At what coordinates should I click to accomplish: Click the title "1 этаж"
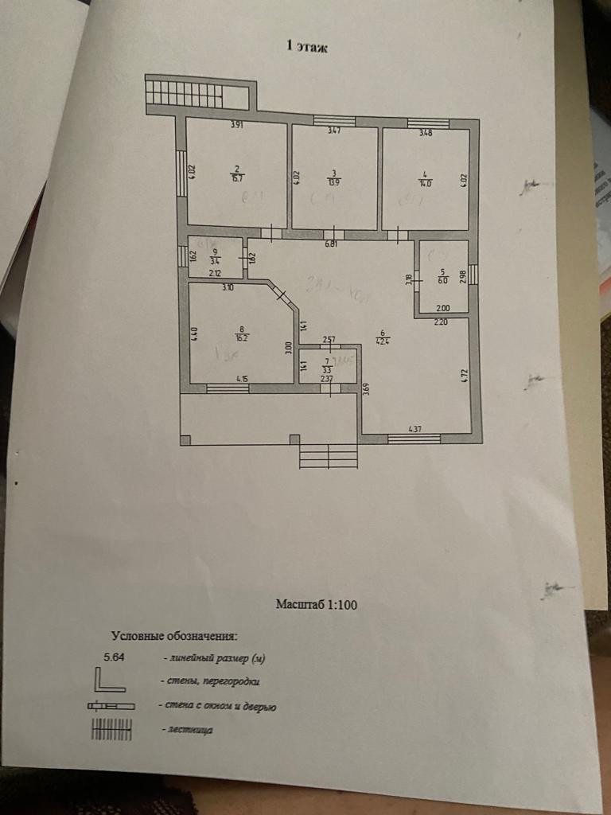coord(307,47)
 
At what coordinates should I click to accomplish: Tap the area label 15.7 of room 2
coord(237,179)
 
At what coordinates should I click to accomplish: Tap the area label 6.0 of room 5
coord(443,279)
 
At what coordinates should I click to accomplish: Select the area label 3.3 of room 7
coord(326,370)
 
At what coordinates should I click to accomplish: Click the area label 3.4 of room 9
coord(215,259)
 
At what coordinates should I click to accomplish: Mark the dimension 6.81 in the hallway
coord(331,244)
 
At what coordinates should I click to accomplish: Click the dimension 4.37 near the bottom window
coord(414,430)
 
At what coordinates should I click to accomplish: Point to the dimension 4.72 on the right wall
coord(465,375)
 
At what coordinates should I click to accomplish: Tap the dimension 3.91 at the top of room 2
coord(237,125)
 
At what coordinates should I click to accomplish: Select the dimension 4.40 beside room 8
coord(194,334)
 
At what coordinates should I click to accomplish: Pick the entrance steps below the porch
coord(328,456)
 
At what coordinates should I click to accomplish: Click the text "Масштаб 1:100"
coord(317,604)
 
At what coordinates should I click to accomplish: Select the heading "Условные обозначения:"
coord(174,635)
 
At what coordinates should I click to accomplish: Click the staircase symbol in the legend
coord(111,729)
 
